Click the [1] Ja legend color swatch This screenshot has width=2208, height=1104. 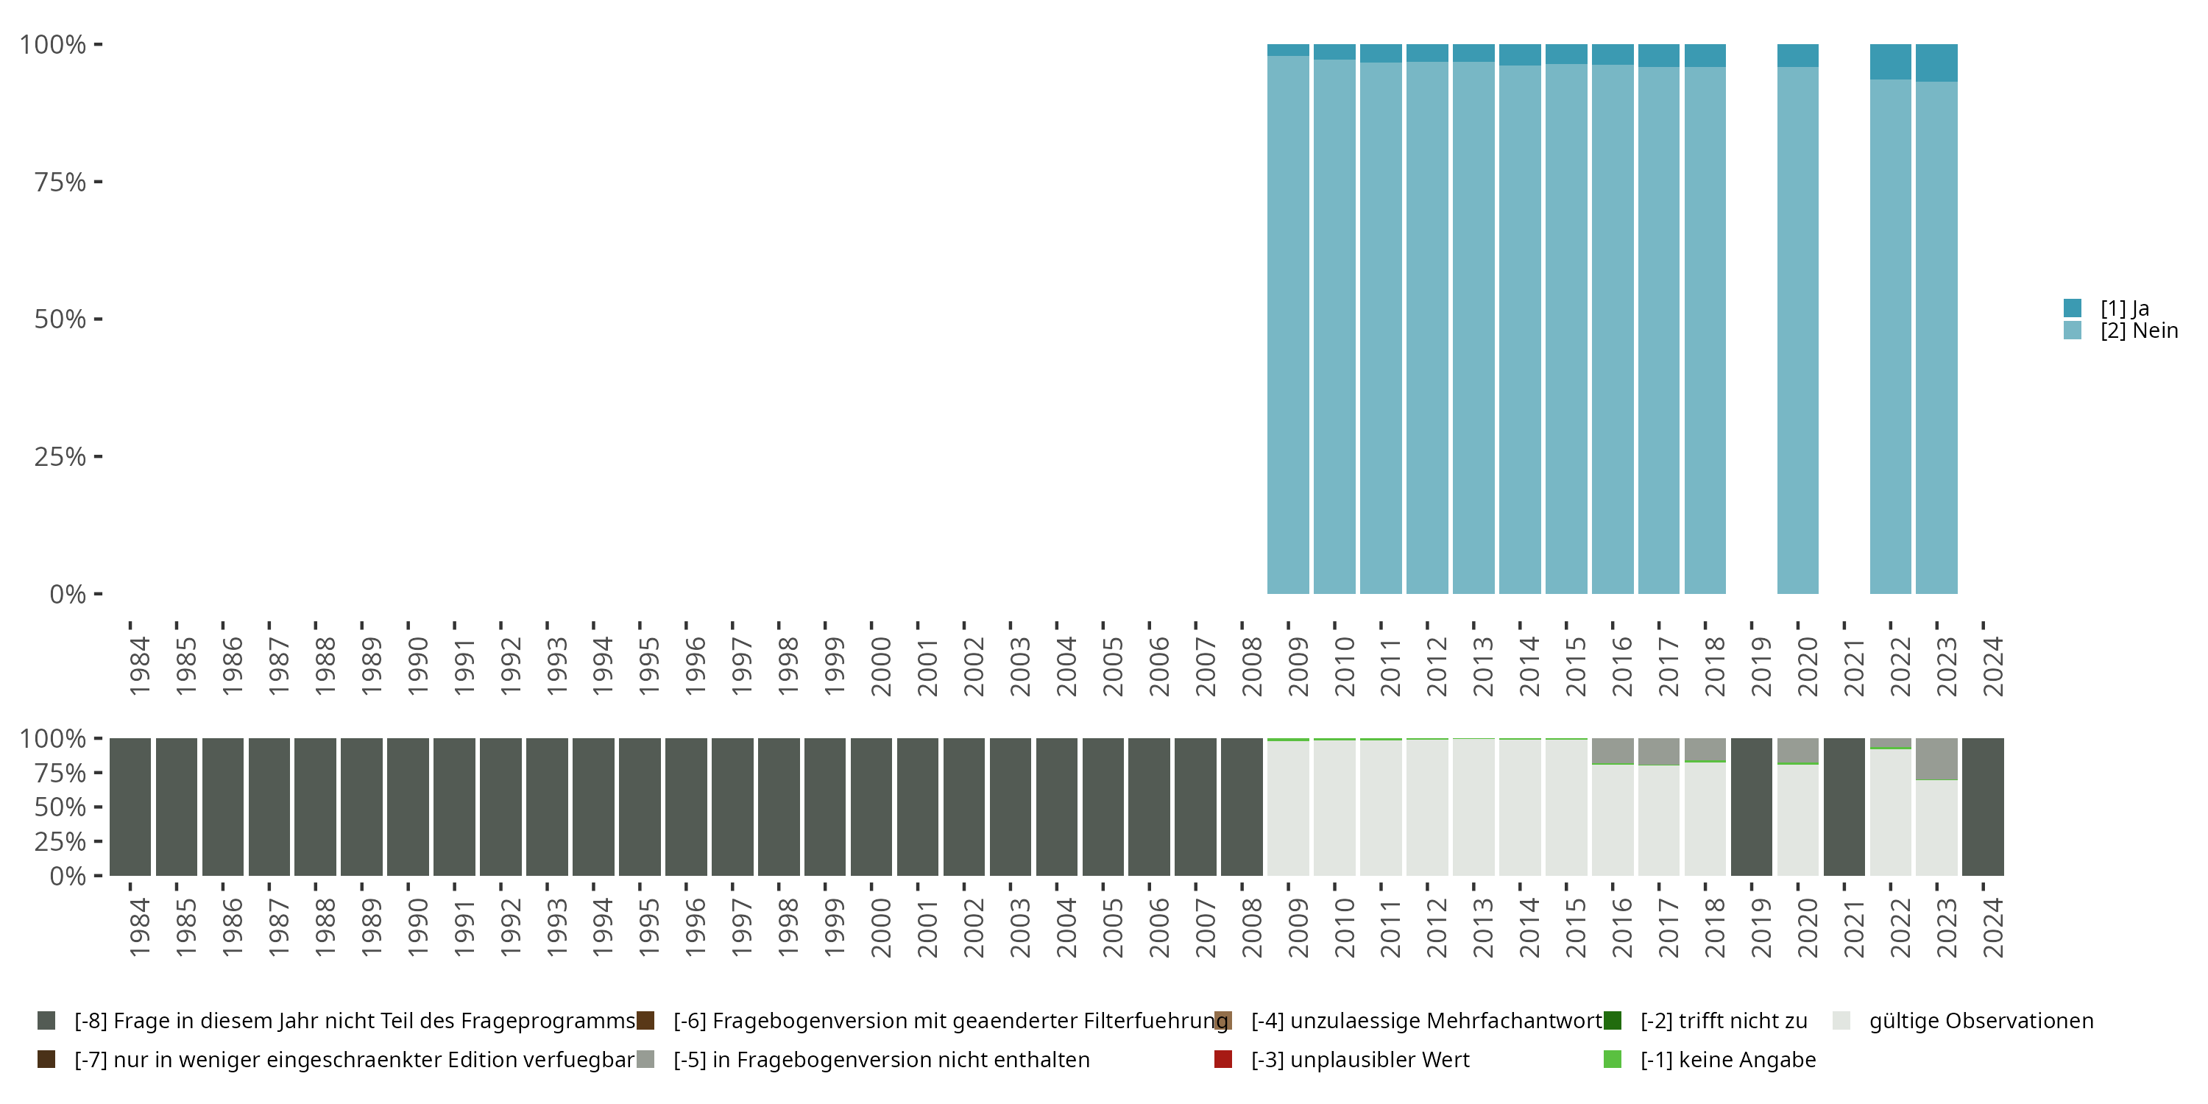[x=2072, y=308]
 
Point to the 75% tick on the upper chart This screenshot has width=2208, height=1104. [x=60, y=182]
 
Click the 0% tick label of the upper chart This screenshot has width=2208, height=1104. [x=67, y=594]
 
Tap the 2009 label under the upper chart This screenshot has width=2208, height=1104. [x=1298, y=666]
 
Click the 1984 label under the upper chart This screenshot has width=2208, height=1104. [x=139, y=666]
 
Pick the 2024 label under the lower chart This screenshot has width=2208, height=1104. [x=1993, y=927]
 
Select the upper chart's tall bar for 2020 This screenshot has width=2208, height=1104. [x=1797, y=330]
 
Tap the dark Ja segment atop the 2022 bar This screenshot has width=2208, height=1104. [x=1890, y=62]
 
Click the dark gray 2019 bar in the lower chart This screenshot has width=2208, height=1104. [x=1751, y=807]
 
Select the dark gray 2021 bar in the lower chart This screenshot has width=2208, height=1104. [x=1844, y=807]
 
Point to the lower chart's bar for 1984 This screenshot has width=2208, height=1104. [x=130, y=807]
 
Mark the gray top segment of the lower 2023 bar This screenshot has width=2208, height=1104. [x=1936, y=759]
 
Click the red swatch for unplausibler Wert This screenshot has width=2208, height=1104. [x=1223, y=1059]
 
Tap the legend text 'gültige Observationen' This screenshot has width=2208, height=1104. [x=1981, y=1021]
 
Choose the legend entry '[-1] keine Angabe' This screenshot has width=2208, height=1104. [x=1727, y=1059]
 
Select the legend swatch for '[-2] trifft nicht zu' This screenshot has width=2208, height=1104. [x=1613, y=1021]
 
